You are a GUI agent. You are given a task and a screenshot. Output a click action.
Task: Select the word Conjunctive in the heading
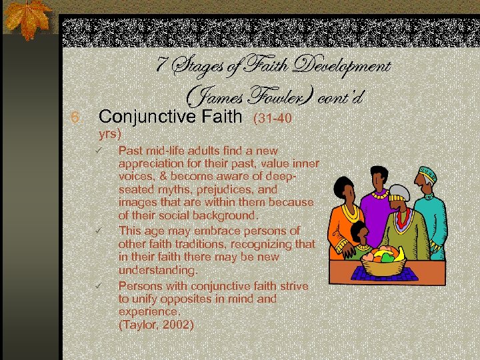(x=138, y=118)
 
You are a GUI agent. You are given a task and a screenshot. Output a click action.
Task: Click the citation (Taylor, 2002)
(x=156, y=325)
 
